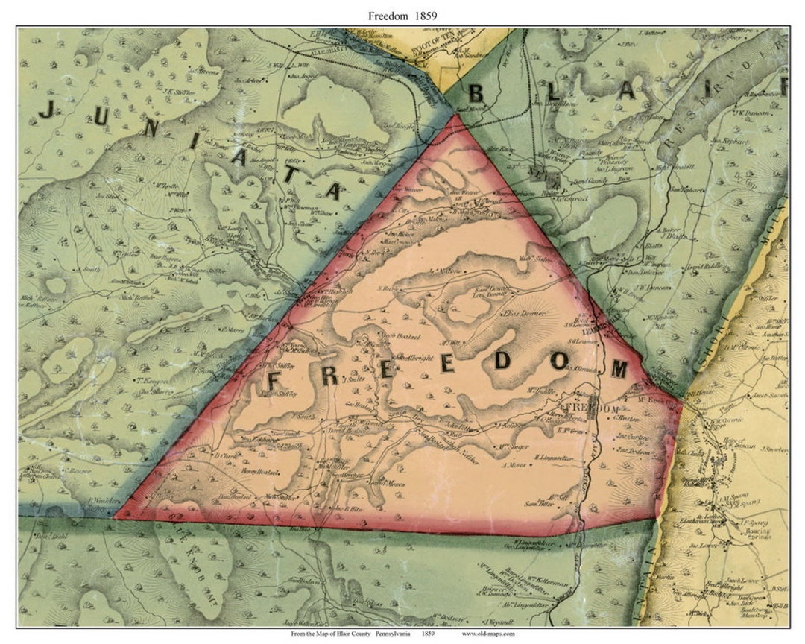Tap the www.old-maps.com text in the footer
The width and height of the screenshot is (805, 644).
tap(488, 634)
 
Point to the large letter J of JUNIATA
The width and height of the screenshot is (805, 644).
tap(47, 110)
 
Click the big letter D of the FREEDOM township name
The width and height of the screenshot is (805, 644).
tap(502, 361)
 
